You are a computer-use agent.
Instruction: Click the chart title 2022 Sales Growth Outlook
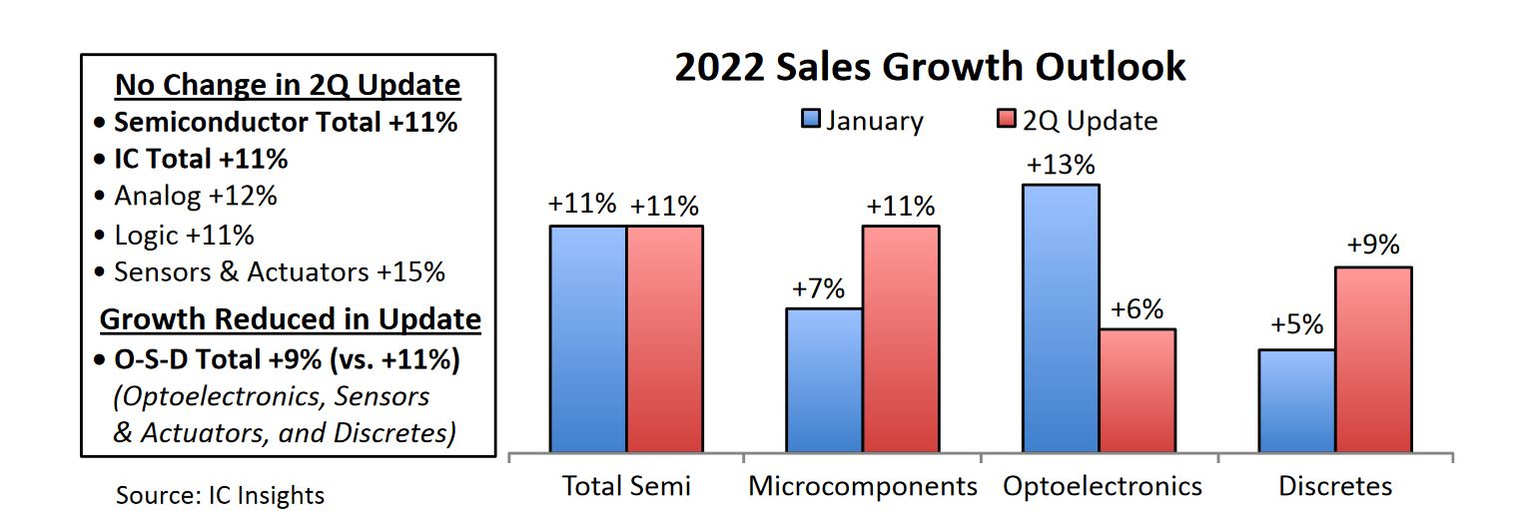click(x=930, y=68)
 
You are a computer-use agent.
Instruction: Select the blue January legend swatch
click(x=811, y=121)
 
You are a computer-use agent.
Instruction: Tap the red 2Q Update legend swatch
click(x=1006, y=121)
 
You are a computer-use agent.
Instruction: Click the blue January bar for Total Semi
click(x=588, y=338)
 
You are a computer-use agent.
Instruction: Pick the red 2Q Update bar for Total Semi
click(x=665, y=338)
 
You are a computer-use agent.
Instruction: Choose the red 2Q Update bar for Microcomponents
click(x=901, y=338)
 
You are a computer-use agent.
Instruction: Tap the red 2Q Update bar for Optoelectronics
click(x=1138, y=390)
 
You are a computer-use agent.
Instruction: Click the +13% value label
click(x=1061, y=165)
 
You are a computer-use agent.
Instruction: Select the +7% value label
click(x=819, y=289)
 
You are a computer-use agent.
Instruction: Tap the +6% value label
click(x=1138, y=309)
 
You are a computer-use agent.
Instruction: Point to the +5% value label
click(x=1296, y=325)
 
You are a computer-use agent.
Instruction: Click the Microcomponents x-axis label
click(x=863, y=486)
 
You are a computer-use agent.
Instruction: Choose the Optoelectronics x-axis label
click(x=1103, y=486)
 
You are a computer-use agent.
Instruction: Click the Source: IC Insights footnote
click(x=220, y=495)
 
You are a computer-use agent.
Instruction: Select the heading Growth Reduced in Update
click(x=291, y=319)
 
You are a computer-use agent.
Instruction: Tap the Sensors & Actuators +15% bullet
click(x=280, y=271)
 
